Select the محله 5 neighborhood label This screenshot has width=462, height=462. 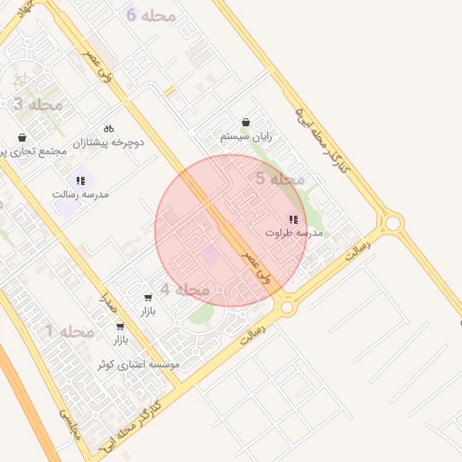(x=280, y=180)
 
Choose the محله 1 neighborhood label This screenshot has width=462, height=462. (x=70, y=332)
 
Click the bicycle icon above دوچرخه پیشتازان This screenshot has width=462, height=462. (x=109, y=128)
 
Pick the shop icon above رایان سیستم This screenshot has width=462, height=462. (x=246, y=123)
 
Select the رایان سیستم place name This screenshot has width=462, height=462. (x=246, y=136)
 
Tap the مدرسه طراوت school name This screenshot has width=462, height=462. (x=293, y=232)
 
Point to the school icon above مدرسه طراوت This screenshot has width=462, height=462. (x=292, y=218)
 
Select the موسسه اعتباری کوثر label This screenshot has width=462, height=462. (x=139, y=365)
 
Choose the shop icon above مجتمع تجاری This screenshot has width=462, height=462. (x=22, y=137)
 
